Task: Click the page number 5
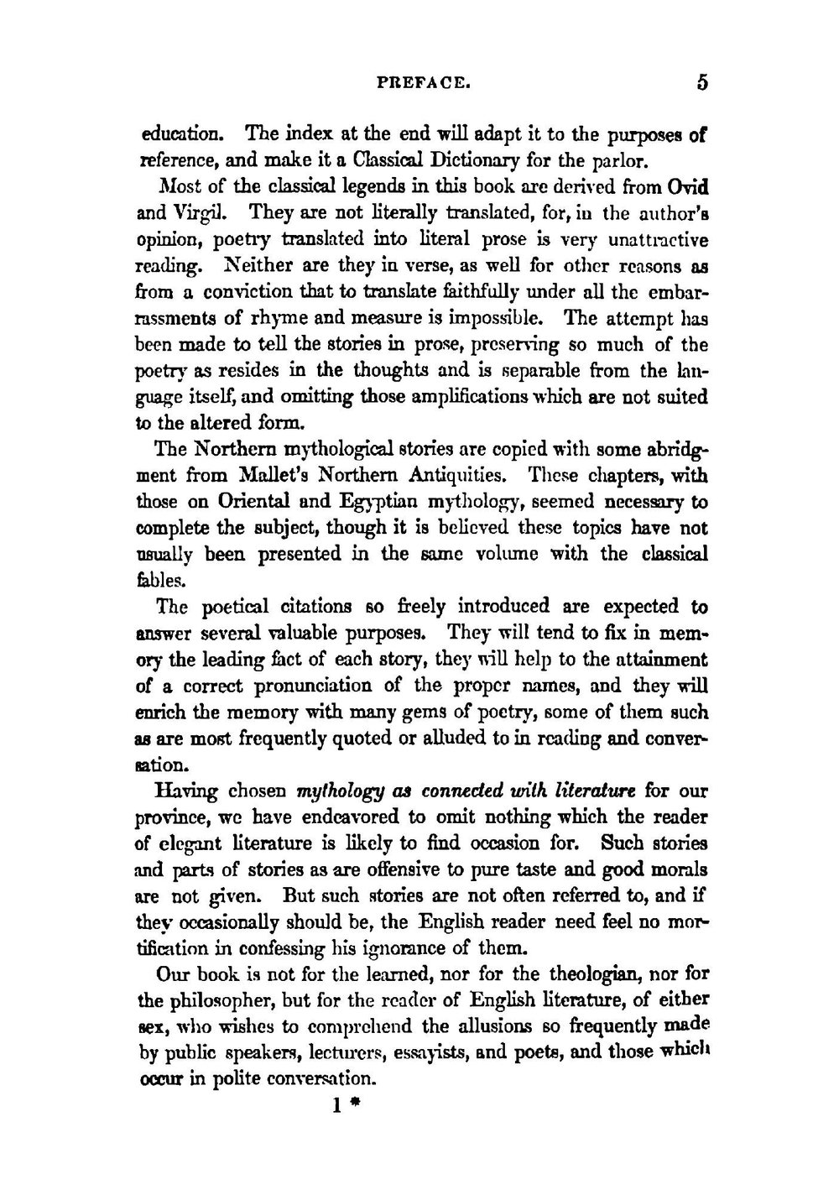701,82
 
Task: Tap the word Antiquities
457,476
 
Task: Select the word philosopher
221,1000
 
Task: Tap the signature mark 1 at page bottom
336,1105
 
